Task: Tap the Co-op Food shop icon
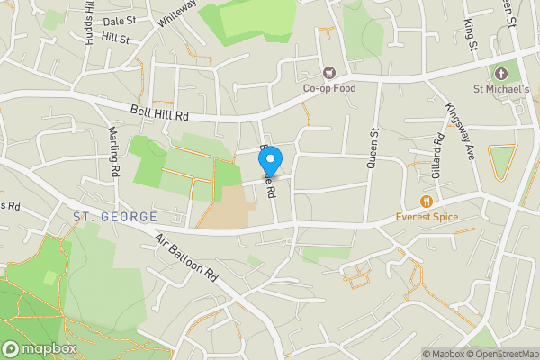pos(328,73)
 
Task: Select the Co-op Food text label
pos(328,88)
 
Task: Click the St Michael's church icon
pos(501,73)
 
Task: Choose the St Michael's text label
pos(501,88)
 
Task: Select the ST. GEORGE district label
pos(115,217)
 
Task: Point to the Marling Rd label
pos(114,150)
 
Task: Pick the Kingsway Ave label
pos(459,130)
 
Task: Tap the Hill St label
pos(116,39)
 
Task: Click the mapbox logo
pos(40,348)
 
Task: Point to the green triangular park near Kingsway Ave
pos(500,162)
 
